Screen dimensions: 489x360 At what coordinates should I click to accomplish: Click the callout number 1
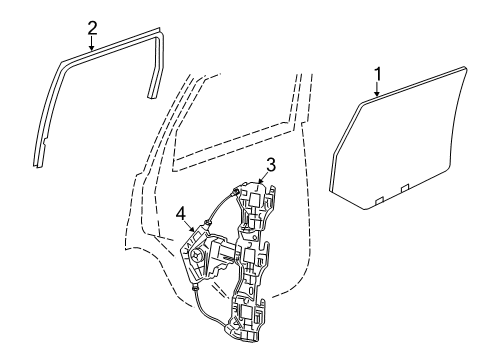[378, 74]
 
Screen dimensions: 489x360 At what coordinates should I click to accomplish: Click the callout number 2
[92, 28]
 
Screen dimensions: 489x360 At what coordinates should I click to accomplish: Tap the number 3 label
[271, 165]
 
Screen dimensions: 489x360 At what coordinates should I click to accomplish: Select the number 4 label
[181, 213]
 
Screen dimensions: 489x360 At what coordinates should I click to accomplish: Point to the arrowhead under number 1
[377, 94]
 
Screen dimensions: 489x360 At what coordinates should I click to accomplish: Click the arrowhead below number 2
[92, 47]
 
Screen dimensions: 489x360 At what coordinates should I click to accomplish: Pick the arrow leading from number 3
[262, 178]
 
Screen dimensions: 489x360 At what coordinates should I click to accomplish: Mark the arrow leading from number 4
[190, 226]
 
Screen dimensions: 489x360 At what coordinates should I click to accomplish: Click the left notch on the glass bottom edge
[379, 200]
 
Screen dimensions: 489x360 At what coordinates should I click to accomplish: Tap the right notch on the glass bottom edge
[405, 188]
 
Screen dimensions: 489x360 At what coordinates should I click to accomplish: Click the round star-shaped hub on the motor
[195, 256]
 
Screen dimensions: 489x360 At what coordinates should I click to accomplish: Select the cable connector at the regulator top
[234, 192]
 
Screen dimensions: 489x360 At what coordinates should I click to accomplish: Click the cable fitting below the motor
[195, 286]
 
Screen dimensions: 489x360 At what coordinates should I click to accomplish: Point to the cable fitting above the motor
[208, 222]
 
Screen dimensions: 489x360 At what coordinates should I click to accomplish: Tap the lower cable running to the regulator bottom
[207, 310]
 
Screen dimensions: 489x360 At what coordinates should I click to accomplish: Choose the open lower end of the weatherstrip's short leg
[151, 96]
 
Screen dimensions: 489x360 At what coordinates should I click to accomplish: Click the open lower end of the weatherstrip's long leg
[38, 165]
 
